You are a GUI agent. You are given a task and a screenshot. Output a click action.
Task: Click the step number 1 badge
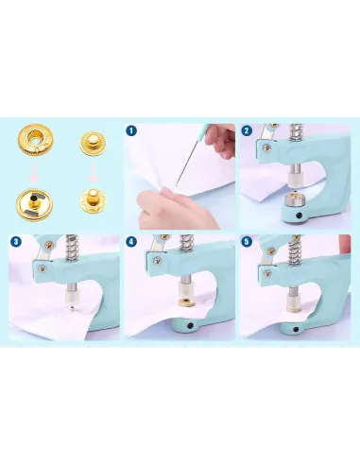coord(131,130)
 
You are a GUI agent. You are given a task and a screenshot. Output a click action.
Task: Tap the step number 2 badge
coord(247,130)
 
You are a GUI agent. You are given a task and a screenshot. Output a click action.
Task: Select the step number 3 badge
coord(16,242)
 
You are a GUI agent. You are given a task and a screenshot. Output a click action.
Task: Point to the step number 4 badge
coord(131,242)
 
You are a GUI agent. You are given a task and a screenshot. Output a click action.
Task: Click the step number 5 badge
coord(247,242)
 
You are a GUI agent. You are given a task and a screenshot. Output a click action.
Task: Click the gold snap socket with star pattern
coord(35,139)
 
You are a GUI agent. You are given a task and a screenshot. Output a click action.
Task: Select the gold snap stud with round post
coord(93,143)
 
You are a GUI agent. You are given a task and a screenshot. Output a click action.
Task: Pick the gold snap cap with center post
coord(32,205)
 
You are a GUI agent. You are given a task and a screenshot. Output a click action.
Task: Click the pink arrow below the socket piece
coord(34,172)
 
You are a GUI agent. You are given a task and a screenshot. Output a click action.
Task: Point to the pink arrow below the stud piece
coord(93,172)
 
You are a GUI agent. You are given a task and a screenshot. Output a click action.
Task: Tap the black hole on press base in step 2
coord(299,215)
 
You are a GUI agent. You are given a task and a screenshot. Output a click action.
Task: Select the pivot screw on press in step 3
coord(43,268)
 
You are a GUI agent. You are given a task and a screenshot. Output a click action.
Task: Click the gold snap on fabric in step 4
coord(186,302)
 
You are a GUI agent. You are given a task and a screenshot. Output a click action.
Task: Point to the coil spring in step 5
coord(296,251)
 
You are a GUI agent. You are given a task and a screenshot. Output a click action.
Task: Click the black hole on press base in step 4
coord(190,325)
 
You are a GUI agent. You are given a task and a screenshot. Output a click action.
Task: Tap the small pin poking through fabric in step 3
coord(73,307)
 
